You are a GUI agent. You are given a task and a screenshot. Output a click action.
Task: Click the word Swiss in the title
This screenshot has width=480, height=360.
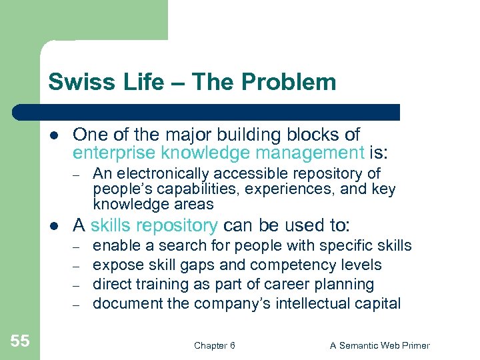click(x=73, y=82)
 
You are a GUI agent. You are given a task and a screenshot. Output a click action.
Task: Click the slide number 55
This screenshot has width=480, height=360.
click(x=20, y=341)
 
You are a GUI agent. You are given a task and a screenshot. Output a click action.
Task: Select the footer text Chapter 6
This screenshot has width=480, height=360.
click(x=214, y=345)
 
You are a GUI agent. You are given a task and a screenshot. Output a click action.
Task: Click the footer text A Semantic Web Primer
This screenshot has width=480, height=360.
click(x=380, y=345)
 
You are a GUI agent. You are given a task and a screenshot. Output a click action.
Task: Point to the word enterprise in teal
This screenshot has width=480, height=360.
click(x=114, y=153)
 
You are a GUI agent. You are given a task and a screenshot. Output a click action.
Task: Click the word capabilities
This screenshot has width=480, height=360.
click(x=181, y=189)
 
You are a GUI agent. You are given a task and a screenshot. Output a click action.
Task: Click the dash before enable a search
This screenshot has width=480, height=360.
click(x=77, y=247)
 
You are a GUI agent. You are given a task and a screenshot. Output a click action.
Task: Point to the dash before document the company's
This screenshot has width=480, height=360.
click(x=77, y=305)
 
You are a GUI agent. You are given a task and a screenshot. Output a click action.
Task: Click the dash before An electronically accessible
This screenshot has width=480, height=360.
click(x=77, y=175)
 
